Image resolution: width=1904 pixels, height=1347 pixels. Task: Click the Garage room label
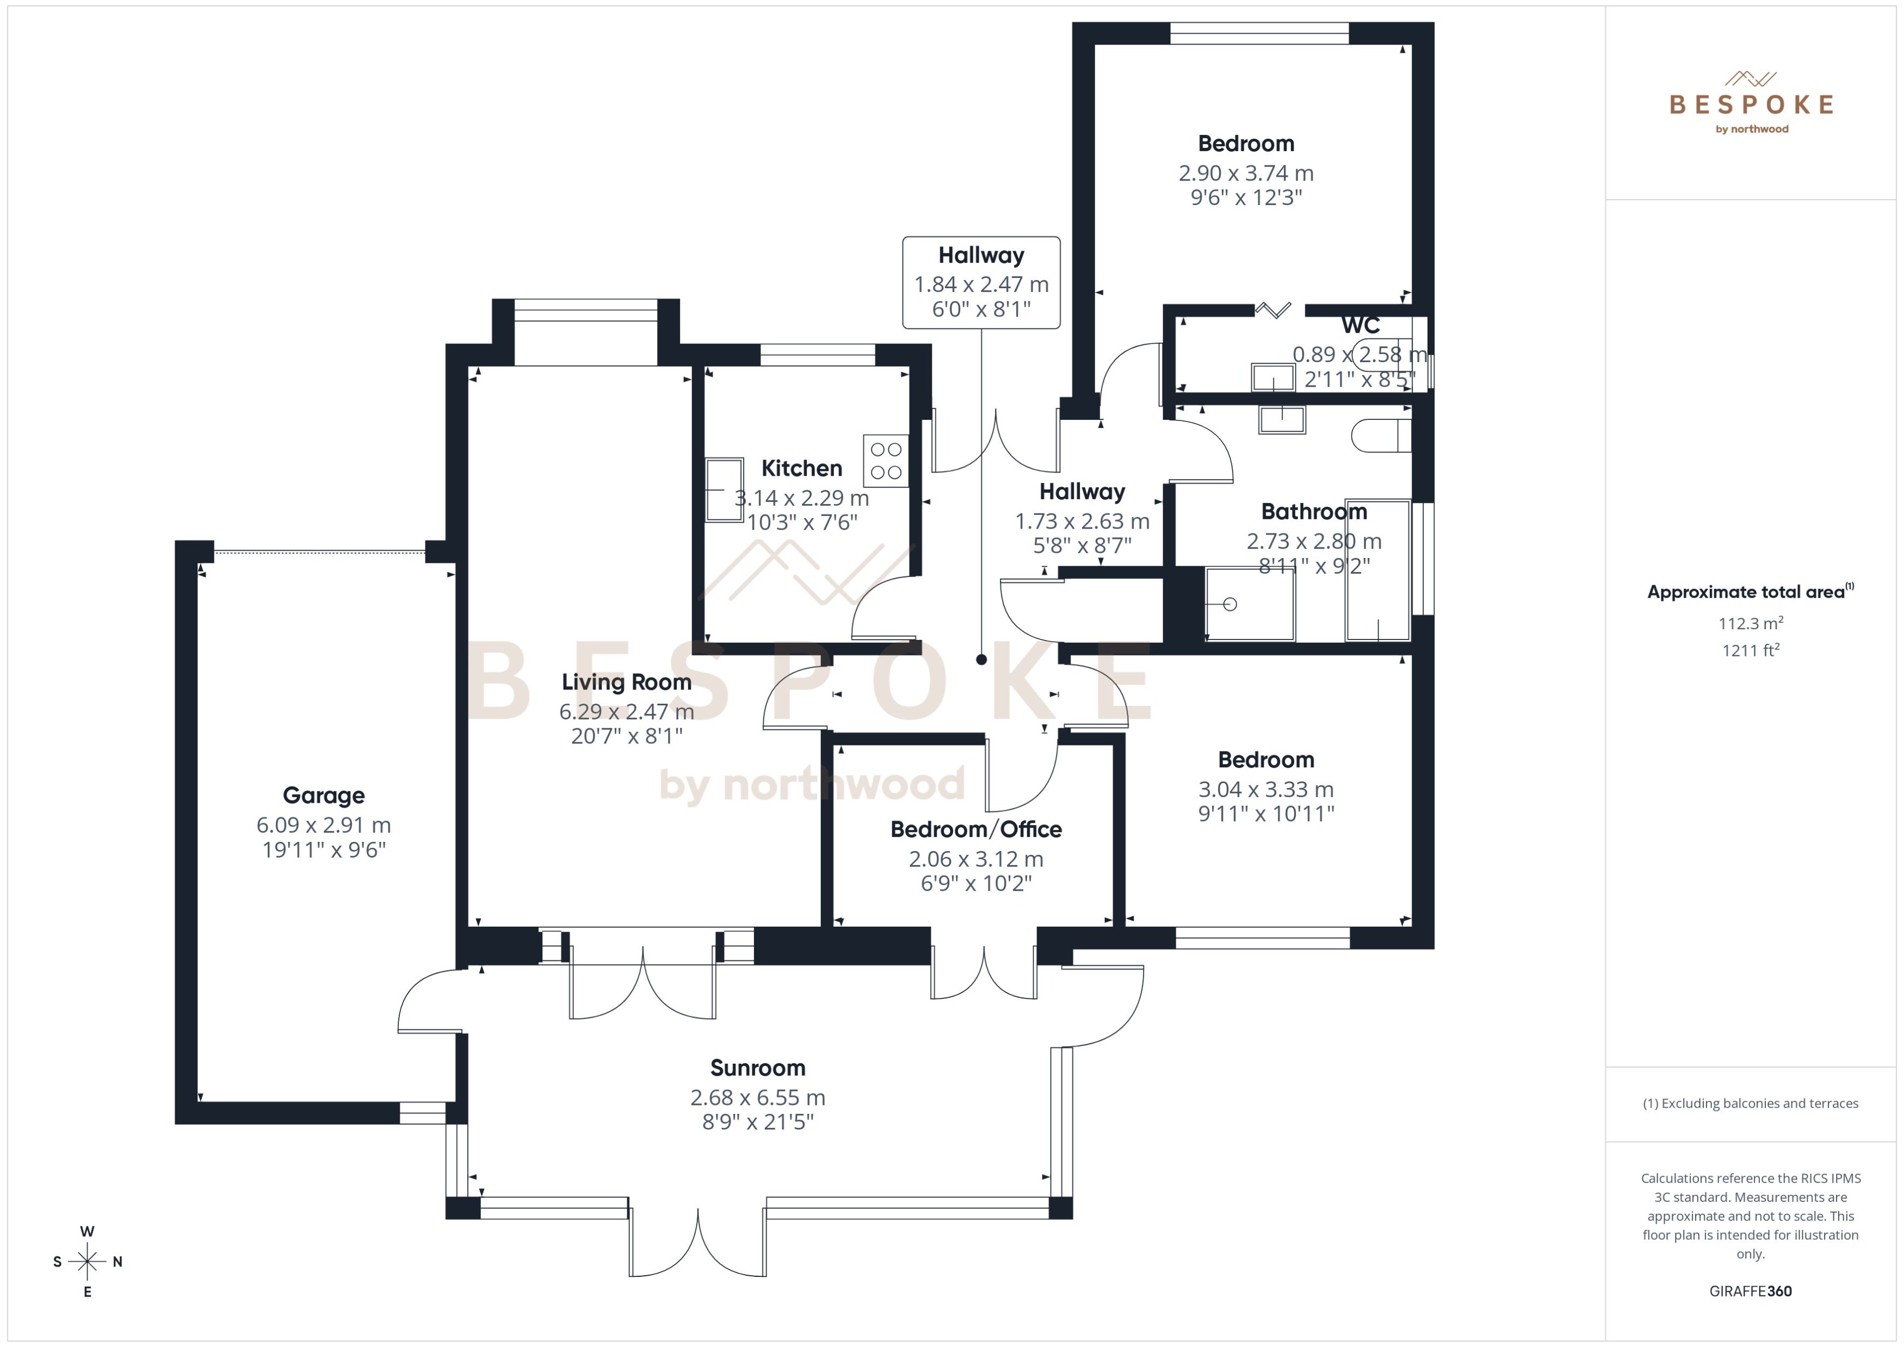324,796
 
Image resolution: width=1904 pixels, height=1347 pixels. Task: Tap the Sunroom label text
757,1067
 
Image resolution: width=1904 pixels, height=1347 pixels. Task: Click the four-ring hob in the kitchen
886,461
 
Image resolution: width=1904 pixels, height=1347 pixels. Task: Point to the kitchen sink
724,489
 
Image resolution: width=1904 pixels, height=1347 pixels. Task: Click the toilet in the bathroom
1381,436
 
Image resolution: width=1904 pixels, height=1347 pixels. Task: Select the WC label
1360,325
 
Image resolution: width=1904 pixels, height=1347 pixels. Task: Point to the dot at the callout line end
981,660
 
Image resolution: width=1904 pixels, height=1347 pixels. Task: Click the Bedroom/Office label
975,829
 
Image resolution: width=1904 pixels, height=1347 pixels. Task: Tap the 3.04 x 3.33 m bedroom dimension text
1265,790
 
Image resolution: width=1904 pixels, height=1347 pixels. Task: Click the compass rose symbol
87,1262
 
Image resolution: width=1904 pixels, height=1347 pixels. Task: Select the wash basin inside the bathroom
1282,420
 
